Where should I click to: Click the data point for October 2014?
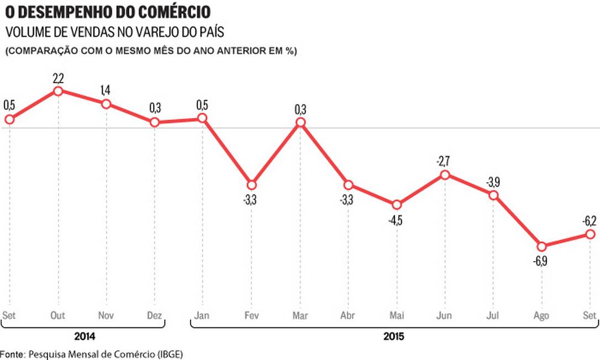(58, 91)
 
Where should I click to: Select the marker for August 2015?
(541, 246)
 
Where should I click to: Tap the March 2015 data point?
(300, 122)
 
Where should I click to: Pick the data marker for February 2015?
(251, 184)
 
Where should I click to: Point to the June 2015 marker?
(445, 175)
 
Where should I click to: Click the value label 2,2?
(58, 78)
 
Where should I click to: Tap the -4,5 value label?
(396, 219)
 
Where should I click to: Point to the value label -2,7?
(444, 161)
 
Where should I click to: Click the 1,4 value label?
(107, 91)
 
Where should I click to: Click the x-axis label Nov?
(106, 316)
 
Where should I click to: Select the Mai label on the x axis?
(396, 316)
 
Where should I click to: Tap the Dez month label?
(155, 316)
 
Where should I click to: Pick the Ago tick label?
(541, 316)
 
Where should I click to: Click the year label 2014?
(83, 336)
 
